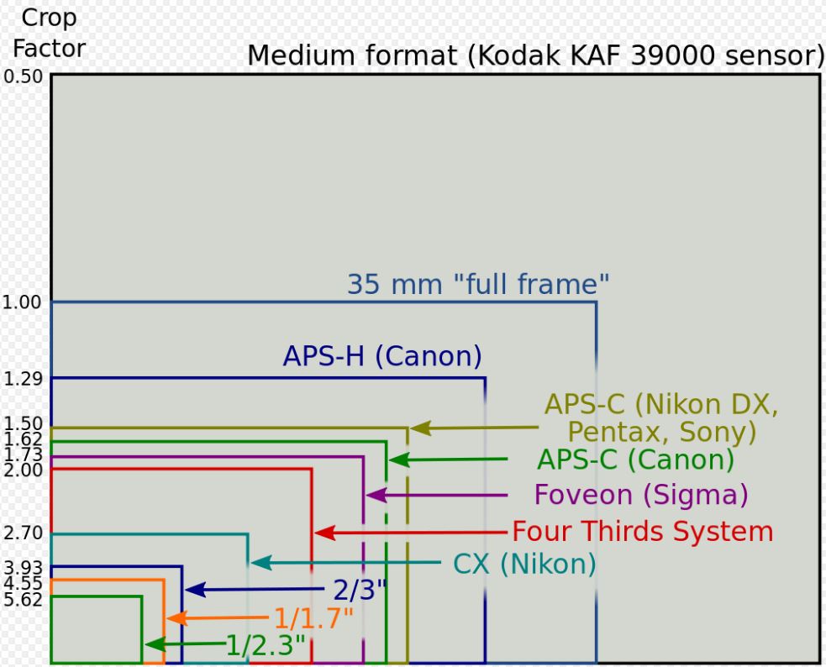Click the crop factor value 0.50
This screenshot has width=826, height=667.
pyautogui.click(x=24, y=76)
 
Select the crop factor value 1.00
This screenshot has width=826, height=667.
pyautogui.click(x=22, y=302)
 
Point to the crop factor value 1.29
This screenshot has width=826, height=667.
pyautogui.click(x=23, y=378)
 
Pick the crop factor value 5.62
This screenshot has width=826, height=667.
pyautogui.click(x=23, y=599)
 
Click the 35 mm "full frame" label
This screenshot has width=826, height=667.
pyautogui.click(x=478, y=284)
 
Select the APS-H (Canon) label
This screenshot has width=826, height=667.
pyautogui.click(x=382, y=356)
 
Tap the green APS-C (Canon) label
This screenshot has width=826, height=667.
pyautogui.click(x=636, y=460)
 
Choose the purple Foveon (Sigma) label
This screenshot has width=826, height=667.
pyautogui.click(x=641, y=495)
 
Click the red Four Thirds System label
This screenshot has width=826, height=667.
pyautogui.click(x=643, y=531)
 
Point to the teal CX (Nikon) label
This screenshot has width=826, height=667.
pyautogui.click(x=524, y=565)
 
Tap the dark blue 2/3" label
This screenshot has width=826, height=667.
pyautogui.click(x=360, y=590)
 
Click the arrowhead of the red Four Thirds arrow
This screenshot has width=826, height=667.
pyautogui.click(x=324, y=533)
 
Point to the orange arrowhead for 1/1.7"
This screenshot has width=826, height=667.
pyautogui.click(x=176, y=618)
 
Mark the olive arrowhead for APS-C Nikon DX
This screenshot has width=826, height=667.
pyautogui.click(x=420, y=428)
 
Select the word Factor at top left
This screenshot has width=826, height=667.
pyautogui.click(x=49, y=49)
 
